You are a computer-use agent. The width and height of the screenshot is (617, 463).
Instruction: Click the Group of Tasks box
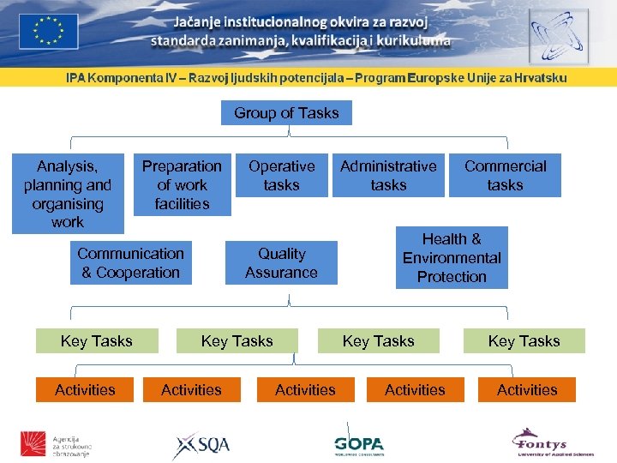tap(286, 113)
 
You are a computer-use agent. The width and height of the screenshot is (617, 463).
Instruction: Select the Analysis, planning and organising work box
tap(68, 194)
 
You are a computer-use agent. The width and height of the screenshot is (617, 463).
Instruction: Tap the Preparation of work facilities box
tap(182, 185)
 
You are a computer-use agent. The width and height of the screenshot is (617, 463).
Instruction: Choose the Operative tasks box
tap(281, 176)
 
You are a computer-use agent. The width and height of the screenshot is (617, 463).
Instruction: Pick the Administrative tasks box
tap(388, 176)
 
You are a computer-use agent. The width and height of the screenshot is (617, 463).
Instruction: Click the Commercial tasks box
tap(505, 176)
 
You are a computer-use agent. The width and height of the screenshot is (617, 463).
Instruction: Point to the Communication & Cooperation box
tap(130, 263)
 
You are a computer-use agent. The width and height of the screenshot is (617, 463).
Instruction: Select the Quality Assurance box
tap(281, 263)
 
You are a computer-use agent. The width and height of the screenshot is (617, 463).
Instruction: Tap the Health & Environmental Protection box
tap(452, 257)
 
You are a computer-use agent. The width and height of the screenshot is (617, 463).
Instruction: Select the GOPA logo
tap(359, 444)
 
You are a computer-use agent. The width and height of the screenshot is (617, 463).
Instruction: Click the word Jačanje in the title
tap(199, 22)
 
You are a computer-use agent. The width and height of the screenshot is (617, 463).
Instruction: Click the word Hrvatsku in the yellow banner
tap(537, 77)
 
